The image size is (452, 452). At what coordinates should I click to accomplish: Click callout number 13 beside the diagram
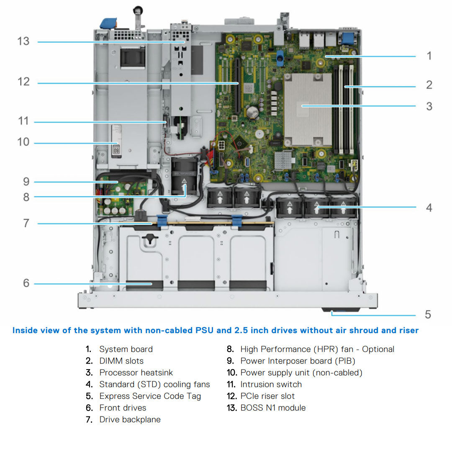click(x=23, y=41)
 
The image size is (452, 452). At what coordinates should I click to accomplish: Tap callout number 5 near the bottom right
click(x=428, y=314)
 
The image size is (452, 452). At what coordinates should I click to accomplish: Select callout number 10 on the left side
click(x=23, y=142)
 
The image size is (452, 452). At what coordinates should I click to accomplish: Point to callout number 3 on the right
click(x=429, y=106)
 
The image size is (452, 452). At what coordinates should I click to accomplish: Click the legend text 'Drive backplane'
click(x=130, y=419)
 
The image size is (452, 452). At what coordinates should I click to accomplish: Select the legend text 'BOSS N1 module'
click(x=273, y=408)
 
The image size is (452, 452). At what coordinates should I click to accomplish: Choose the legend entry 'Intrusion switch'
click(x=271, y=384)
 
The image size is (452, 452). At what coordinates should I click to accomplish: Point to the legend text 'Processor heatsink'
click(x=136, y=372)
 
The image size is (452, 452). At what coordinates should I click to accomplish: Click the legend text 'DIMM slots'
click(x=121, y=361)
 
